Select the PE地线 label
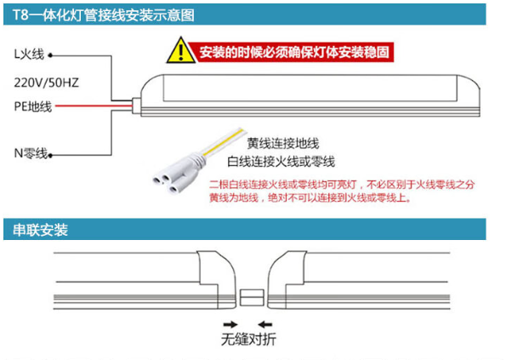[32, 106]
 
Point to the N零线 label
[30, 154]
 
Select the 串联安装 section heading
[40, 231]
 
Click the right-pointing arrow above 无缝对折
[230, 324]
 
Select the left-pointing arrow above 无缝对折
[265, 324]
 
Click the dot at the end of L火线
[51, 55]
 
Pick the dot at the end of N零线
[51, 155]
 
